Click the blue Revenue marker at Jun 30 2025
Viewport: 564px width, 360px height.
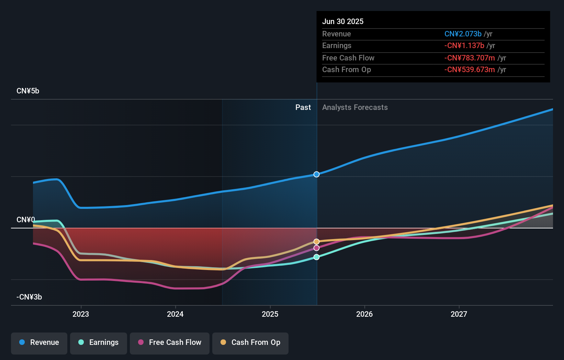(316, 175)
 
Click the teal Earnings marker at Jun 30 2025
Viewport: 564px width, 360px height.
(316, 257)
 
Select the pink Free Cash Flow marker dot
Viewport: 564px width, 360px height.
(316, 248)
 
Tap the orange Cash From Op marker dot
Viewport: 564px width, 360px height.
(316, 242)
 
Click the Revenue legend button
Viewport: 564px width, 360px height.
(39, 342)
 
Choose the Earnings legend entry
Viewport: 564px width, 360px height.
(99, 342)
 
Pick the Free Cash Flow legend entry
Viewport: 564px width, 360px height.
(170, 342)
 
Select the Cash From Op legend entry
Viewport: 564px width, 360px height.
(250, 342)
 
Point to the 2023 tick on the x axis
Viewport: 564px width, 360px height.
(81, 314)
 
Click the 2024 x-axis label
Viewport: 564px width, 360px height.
(175, 314)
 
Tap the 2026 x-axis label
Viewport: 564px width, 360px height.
(364, 314)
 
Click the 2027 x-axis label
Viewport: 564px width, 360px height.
(459, 314)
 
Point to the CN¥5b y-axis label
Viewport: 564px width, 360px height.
(28, 91)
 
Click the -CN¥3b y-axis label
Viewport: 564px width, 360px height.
(29, 297)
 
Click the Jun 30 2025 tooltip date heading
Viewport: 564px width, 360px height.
(343, 21)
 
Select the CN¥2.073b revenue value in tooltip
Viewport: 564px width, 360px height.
(463, 34)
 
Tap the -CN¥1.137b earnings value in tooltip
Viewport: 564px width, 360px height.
(464, 46)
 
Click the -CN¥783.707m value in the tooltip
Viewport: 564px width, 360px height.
(469, 58)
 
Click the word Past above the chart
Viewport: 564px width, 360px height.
(303, 108)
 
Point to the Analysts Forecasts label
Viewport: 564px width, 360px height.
(355, 108)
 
